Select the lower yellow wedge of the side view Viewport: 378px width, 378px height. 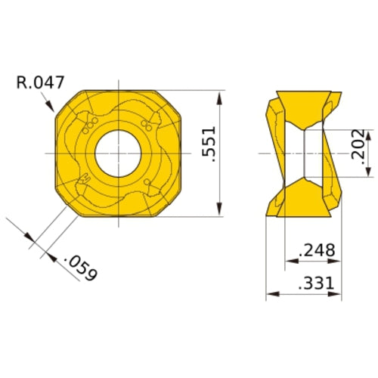coord(305,198)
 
